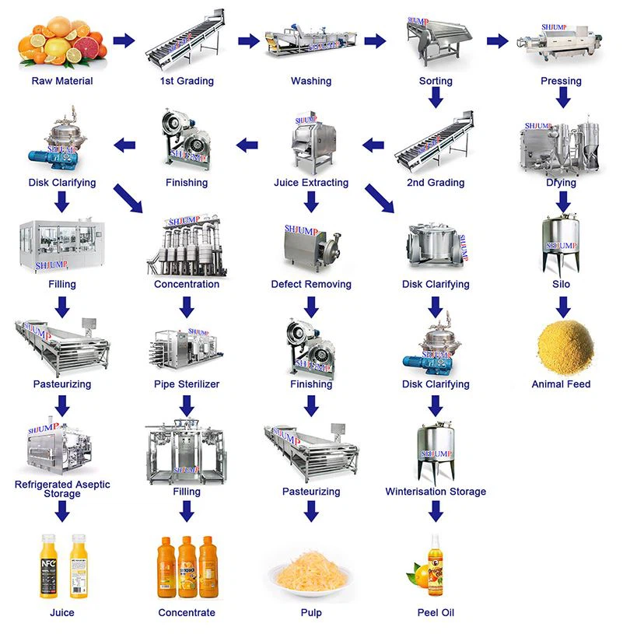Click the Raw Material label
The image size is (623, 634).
pos(62,81)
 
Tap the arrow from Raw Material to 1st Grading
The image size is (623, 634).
pos(124,41)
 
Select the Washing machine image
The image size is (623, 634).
pos(311,43)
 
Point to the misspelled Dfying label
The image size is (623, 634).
pos(561,183)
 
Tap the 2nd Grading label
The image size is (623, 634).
pos(436,183)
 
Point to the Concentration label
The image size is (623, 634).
pos(187,284)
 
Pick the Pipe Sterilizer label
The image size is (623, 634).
pos(187,384)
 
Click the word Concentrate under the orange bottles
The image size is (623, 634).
pos(187,613)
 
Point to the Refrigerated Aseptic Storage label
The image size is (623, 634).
pos(62,489)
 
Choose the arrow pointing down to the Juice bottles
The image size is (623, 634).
pos(62,511)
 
